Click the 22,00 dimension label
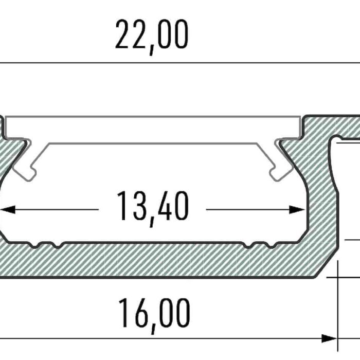[152, 37]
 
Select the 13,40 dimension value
[153, 208]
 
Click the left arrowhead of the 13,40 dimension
[8, 210]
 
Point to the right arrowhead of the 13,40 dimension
[297, 210]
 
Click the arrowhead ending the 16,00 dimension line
[329, 338]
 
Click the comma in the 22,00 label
[152, 50]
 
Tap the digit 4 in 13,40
[165, 206]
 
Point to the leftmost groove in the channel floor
[35, 245]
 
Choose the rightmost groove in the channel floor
[271, 246]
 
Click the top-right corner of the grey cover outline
[300, 117]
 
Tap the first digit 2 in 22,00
[122, 34]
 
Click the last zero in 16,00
[183, 313]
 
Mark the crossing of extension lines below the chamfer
[338, 278]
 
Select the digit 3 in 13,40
[140, 206]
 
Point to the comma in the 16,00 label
[153, 329]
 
